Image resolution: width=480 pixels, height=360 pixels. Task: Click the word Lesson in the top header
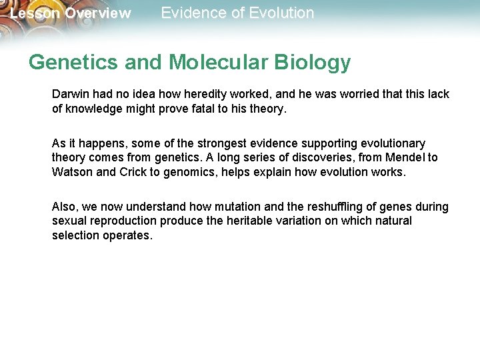pyautogui.click(x=35, y=13)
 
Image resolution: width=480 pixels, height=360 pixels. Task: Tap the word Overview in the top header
pyautogui.click(x=97, y=13)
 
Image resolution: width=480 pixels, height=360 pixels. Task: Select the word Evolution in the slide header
pyautogui.click(x=280, y=13)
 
